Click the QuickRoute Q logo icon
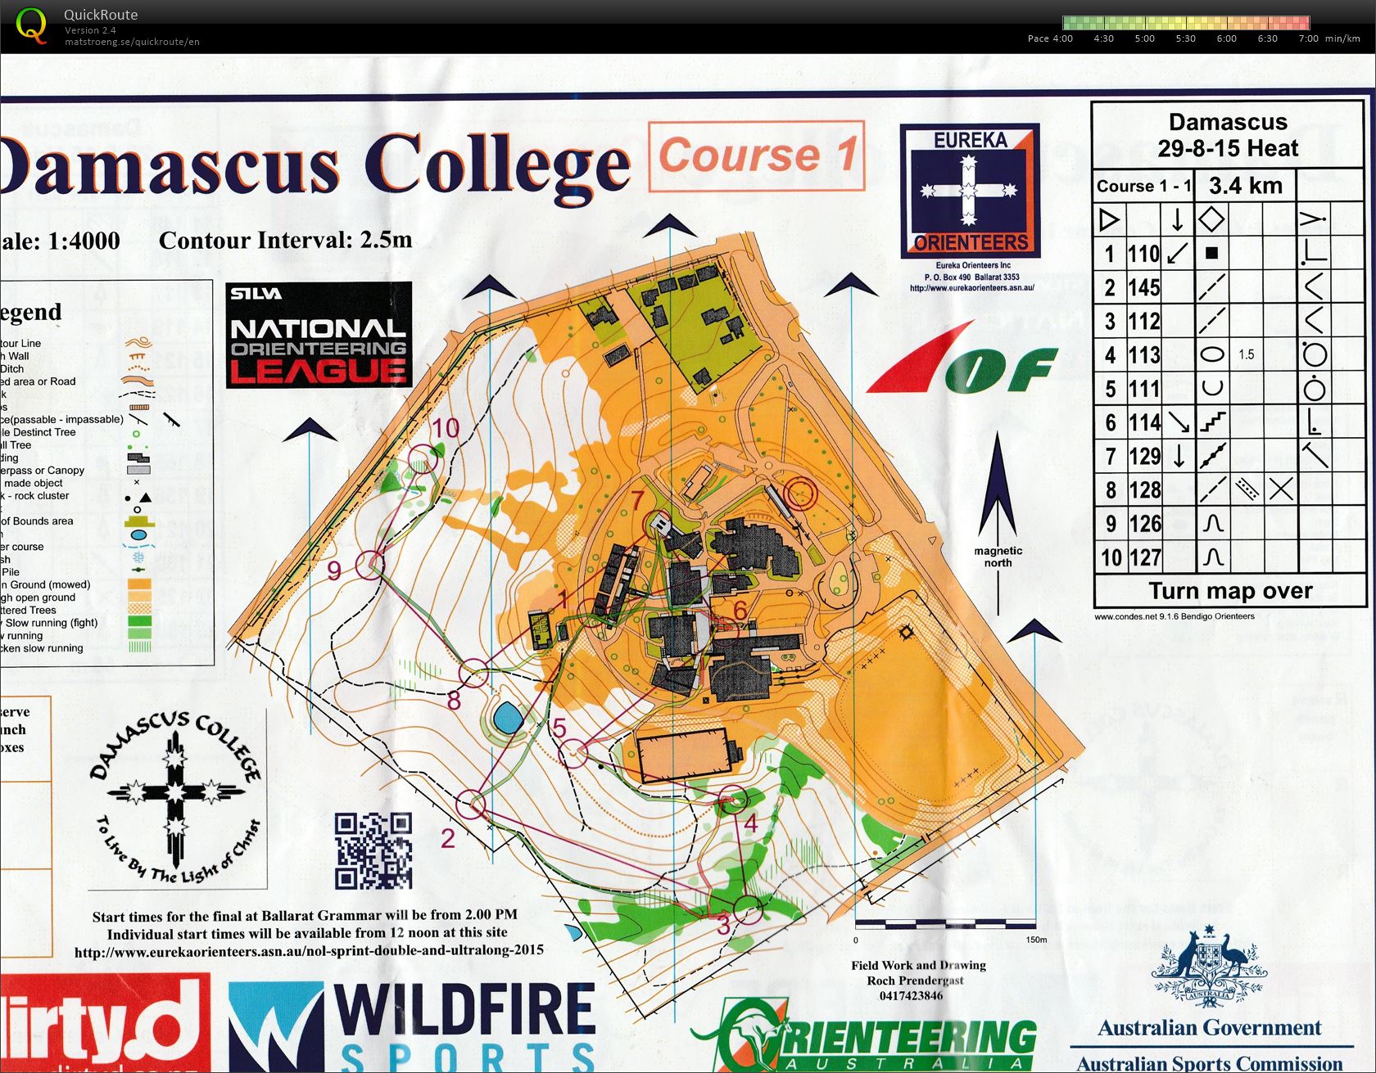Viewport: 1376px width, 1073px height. click(x=32, y=25)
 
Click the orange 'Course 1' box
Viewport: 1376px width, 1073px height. click(x=756, y=156)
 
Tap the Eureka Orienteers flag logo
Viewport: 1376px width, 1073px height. click(x=969, y=190)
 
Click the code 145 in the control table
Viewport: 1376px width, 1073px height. click(x=1143, y=287)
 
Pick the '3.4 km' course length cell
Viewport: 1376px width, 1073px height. click(x=1245, y=186)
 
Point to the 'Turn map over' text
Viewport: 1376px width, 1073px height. click(x=1229, y=591)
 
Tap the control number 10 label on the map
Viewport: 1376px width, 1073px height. click(x=446, y=427)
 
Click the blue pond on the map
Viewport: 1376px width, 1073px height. click(x=508, y=719)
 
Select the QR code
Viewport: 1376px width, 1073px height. click(x=373, y=850)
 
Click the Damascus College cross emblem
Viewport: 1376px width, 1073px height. click(x=174, y=793)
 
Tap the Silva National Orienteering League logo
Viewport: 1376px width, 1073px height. click(x=318, y=334)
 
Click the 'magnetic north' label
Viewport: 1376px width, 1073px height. click(x=998, y=557)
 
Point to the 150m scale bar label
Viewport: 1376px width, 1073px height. click(x=1035, y=940)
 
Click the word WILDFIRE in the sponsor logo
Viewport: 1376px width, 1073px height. click(x=464, y=1011)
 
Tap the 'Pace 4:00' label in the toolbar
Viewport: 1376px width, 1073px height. click(x=1050, y=38)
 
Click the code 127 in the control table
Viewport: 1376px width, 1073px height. click(x=1144, y=557)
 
